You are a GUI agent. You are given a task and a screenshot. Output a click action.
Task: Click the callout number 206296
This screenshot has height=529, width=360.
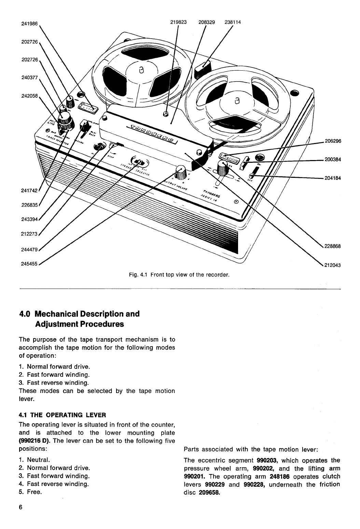coord(333,141)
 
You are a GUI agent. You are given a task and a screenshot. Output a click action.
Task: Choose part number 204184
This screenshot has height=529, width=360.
coord(333,178)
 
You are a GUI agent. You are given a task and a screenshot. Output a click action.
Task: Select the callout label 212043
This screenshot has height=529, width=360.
coord(333,264)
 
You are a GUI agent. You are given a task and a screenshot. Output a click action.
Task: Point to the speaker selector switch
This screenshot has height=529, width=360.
coord(138,161)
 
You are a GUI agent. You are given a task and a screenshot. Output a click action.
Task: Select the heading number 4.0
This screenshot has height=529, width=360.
coord(25,314)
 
